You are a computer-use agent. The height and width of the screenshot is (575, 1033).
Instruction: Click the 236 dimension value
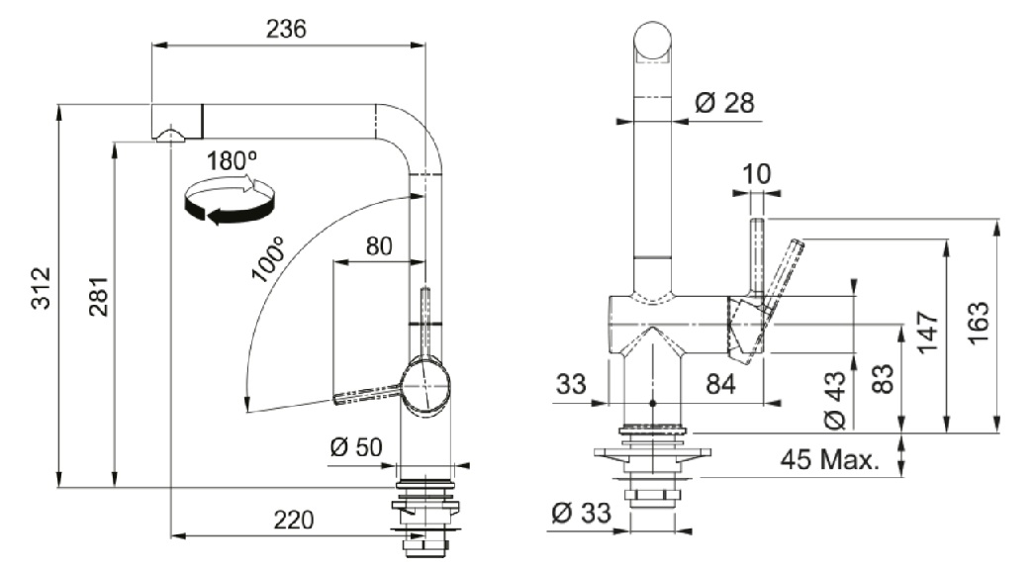(286, 29)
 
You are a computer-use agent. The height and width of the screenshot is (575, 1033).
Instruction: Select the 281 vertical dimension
(95, 296)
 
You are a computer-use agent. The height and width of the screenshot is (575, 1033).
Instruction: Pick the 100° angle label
(266, 260)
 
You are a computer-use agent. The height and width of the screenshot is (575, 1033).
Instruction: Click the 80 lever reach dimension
(379, 245)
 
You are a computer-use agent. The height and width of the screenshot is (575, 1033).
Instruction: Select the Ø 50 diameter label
(355, 447)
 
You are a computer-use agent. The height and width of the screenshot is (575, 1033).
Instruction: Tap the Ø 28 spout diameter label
(724, 103)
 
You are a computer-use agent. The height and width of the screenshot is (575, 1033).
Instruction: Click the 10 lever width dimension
(756, 173)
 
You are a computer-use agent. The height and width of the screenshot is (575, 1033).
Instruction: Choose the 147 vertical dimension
(927, 332)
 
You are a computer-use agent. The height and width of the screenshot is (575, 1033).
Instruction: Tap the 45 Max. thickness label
(829, 459)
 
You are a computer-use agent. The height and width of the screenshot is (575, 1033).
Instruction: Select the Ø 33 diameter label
(582, 514)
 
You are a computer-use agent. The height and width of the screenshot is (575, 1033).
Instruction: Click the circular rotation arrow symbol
(230, 199)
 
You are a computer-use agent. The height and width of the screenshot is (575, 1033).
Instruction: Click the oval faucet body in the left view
(426, 386)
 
